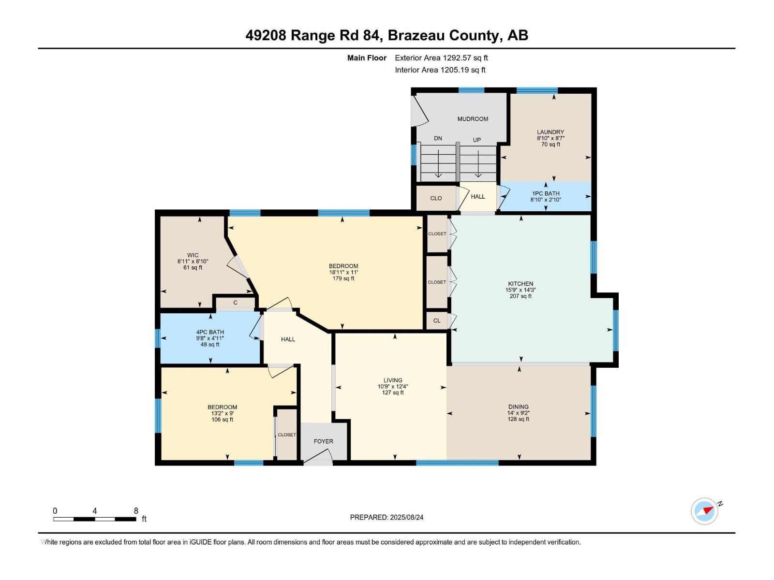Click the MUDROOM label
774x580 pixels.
(473, 119)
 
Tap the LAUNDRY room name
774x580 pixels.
(550, 132)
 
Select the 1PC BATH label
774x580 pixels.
(546, 193)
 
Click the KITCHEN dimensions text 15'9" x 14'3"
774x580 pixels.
(521, 290)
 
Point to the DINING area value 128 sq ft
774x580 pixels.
(518, 419)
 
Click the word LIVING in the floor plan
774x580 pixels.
(393, 380)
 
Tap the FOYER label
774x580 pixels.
(323, 441)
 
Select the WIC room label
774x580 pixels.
(193, 255)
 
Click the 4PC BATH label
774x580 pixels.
(210, 332)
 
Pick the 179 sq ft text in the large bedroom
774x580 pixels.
(343, 278)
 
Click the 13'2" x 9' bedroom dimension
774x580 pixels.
(222, 413)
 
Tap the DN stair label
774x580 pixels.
(438, 138)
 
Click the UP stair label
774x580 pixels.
(477, 140)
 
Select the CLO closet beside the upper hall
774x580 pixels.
(436, 198)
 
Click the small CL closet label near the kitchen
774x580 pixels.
(437, 320)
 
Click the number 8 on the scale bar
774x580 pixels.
(136, 511)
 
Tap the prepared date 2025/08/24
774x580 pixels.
(406, 517)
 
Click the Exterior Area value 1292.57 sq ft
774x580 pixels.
(465, 58)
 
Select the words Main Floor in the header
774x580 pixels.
(367, 58)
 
